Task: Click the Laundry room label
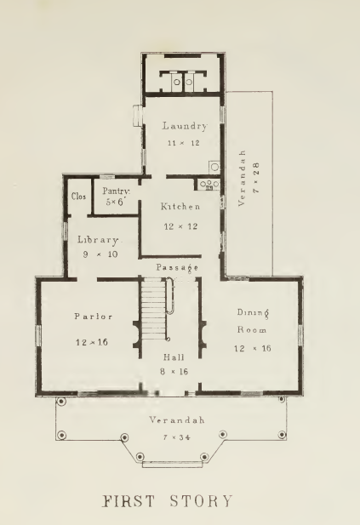[185, 127]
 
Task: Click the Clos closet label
[77, 196]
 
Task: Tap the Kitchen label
[180, 207]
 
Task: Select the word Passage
[177, 267]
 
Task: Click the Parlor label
[83, 317]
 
